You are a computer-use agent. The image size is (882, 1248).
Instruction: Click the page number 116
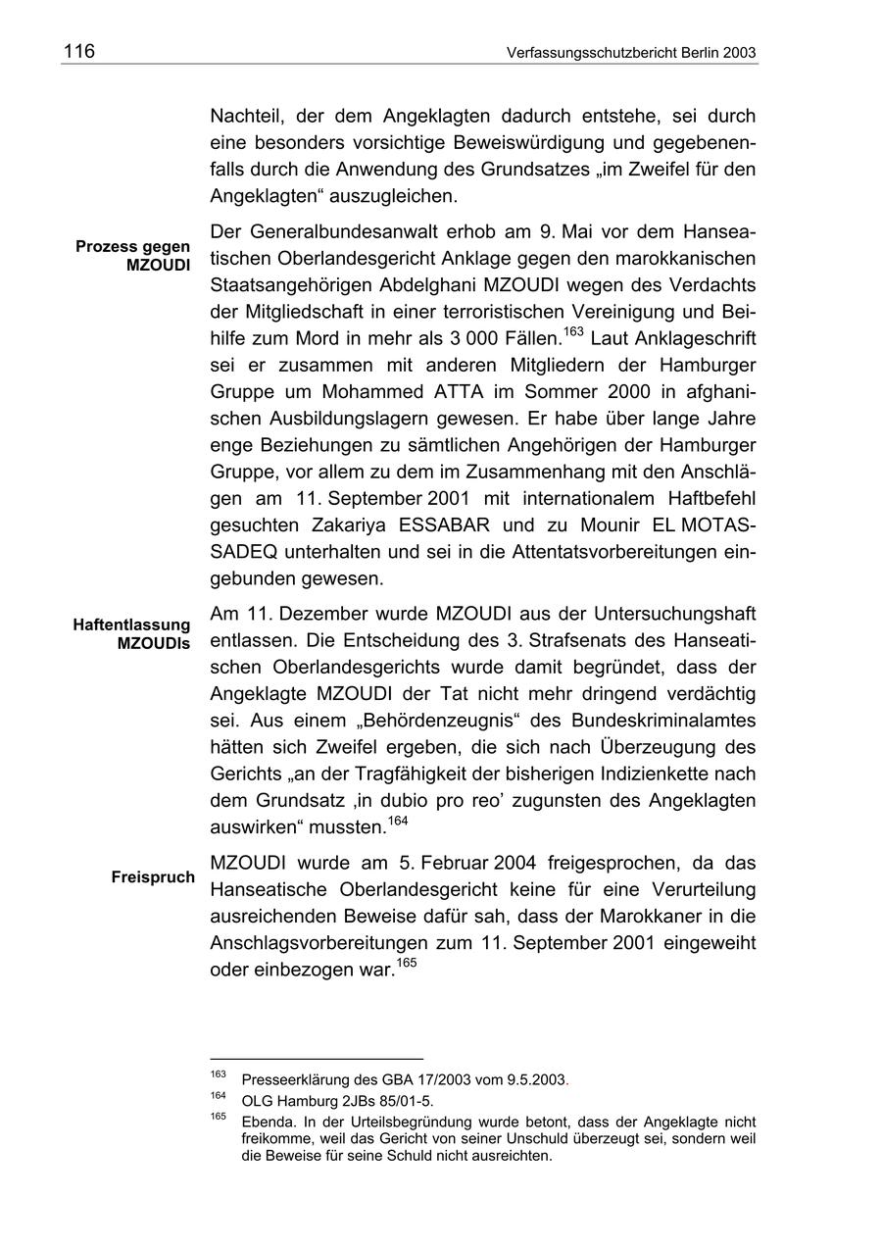(78, 51)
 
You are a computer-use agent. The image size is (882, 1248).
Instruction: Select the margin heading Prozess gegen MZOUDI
(133, 256)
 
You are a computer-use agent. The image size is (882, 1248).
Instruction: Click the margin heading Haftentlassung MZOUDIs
(131, 633)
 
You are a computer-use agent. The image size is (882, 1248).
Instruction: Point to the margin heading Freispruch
(153, 876)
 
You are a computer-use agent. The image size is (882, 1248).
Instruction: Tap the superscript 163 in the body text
(574, 331)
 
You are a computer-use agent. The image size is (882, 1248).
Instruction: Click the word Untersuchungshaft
(674, 615)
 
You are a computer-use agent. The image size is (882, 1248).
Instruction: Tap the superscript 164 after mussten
(399, 820)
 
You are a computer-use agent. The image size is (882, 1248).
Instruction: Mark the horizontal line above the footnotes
(317, 1059)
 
